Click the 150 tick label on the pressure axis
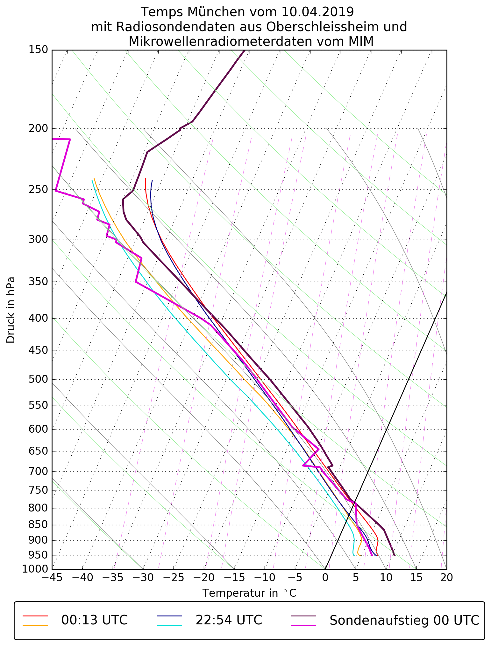[x=38, y=50]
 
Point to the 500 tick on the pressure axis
[x=38, y=379]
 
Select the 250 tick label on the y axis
[x=38, y=190]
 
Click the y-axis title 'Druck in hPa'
[x=11, y=310]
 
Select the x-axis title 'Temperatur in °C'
[x=249, y=593]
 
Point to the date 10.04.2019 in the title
[x=317, y=12]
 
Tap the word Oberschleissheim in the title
[x=318, y=27]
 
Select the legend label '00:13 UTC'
[x=95, y=620]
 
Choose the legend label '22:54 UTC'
[x=229, y=620]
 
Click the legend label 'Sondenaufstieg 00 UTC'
[x=404, y=620]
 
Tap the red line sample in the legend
[x=35, y=616]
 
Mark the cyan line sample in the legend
[x=169, y=625]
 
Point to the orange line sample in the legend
[x=35, y=625]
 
